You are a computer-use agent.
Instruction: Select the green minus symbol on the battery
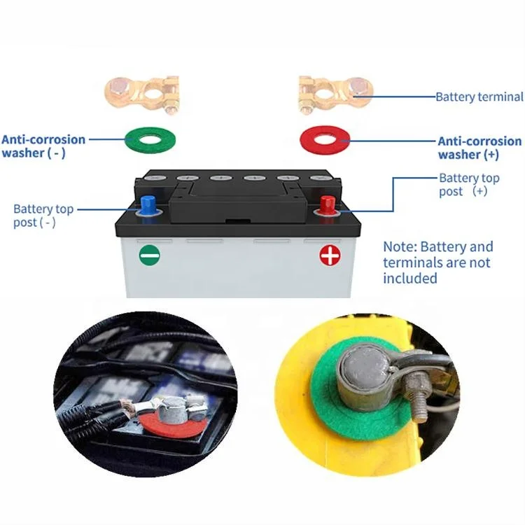(148, 254)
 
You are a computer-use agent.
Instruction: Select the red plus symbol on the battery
(329, 255)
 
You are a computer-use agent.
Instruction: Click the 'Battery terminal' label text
(479, 97)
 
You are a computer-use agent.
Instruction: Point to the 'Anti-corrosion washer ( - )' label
(43, 146)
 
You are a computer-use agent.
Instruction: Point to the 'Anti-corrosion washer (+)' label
(479, 147)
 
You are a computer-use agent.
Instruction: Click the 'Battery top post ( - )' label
(43, 216)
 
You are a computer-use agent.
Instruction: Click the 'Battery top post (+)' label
(469, 184)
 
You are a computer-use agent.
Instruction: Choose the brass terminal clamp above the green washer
(141, 94)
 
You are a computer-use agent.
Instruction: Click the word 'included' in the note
(410, 279)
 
